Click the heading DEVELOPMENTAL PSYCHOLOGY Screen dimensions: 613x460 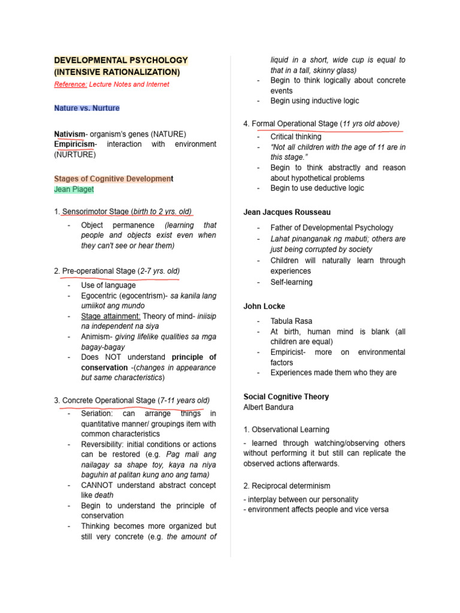pyautogui.click(x=120, y=60)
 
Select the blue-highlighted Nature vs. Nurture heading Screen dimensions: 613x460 pyautogui.click(x=87, y=108)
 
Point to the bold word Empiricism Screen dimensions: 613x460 pyautogui.click(x=74, y=144)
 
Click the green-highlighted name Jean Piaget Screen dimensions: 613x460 pyautogui.click(x=74, y=189)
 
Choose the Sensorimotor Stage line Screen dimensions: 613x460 pyautogui.click(x=123, y=211)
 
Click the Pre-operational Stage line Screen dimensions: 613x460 pyautogui.click(x=117, y=271)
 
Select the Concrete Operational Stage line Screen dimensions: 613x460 pyautogui.click(x=132, y=400)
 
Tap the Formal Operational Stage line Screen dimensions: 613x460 pyautogui.click(x=322, y=124)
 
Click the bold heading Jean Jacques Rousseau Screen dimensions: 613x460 pyautogui.click(x=287, y=212)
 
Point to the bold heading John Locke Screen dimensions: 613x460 pyautogui.click(x=264, y=306)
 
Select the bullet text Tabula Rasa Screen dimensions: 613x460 pyautogui.click(x=291, y=321)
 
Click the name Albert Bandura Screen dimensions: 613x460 pyautogui.click(x=269, y=407)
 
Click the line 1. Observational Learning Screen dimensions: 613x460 pyautogui.click(x=286, y=429)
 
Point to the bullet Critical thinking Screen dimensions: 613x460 pyautogui.click(x=295, y=137)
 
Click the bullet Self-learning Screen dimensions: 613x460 pyautogui.click(x=291, y=282)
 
